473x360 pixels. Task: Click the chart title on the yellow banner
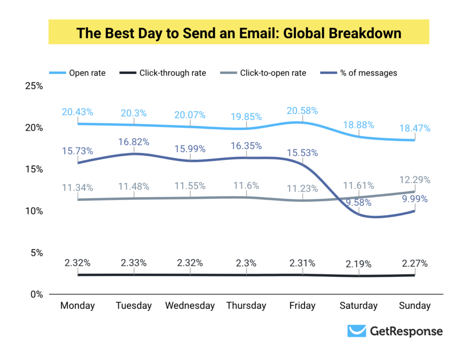(x=238, y=33)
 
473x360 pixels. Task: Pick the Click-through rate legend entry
(x=172, y=73)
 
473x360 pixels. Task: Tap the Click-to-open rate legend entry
(x=273, y=73)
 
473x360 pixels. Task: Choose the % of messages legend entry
(x=368, y=73)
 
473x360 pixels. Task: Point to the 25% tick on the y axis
(x=34, y=86)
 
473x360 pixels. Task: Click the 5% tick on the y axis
(x=36, y=253)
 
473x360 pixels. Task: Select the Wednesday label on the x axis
(x=190, y=306)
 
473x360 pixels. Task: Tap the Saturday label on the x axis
(x=359, y=306)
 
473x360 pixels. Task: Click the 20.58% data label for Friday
(x=302, y=111)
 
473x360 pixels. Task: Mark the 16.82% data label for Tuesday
(x=133, y=142)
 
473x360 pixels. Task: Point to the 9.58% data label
(x=359, y=203)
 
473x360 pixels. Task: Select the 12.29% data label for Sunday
(x=415, y=180)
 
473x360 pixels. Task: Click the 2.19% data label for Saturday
(x=359, y=264)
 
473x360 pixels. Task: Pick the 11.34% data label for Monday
(x=78, y=187)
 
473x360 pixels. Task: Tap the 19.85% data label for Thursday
(x=246, y=117)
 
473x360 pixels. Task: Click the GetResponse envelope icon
(x=356, y=331)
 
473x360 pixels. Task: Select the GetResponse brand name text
(x=406, y=332)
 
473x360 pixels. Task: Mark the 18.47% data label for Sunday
(x=415, y=129)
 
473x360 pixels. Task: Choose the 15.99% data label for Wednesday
(x=190, y=149)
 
